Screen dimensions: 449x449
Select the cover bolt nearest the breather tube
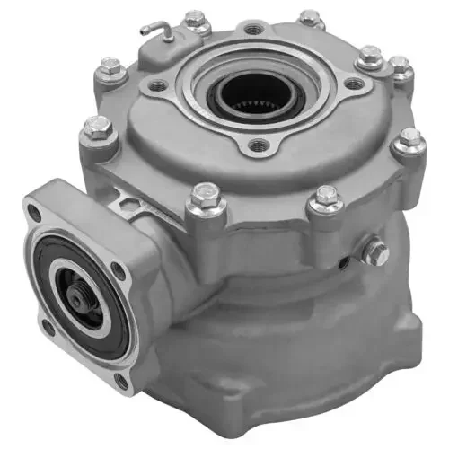coord(195,22)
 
